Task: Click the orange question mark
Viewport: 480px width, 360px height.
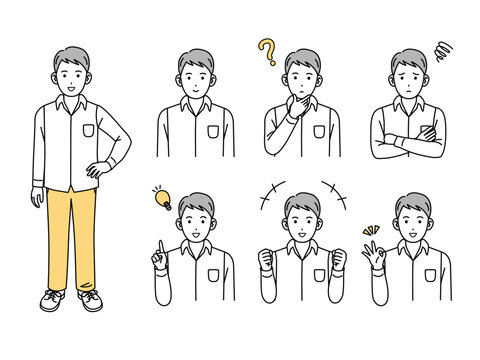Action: (x=267, y=50)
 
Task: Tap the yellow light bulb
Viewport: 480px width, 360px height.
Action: (x=161, y=198)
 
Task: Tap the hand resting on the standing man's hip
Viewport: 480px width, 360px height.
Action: (x=98, y=170)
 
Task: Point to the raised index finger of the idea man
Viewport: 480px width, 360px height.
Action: (x=157, y=247)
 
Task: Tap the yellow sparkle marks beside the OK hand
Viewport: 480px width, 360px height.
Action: (x=369, y=232)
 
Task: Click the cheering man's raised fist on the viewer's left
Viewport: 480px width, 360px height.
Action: (x=268, y=260)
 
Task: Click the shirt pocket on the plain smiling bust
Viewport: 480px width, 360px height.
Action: (x=214, y=131)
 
